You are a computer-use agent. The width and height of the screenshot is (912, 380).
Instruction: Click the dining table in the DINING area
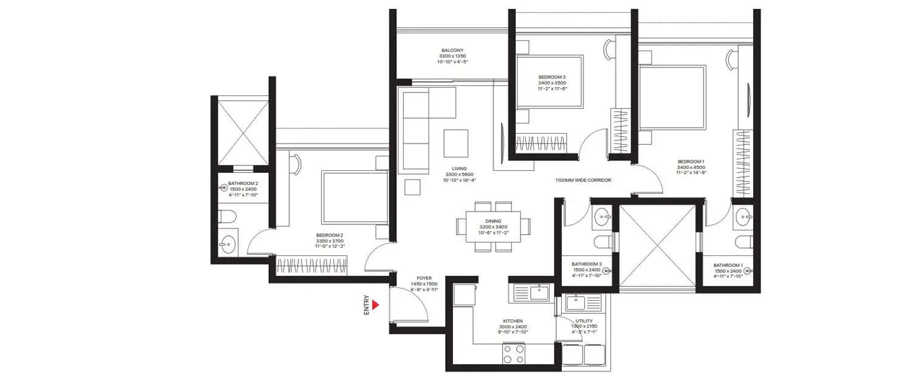(x=493, y=226)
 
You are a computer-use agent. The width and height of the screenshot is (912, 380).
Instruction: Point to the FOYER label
(x=423, y=278)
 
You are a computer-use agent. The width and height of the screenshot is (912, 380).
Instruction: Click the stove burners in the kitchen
(x=513, y=354)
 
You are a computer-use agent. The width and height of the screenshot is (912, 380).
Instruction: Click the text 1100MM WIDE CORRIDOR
(x=582, y=181)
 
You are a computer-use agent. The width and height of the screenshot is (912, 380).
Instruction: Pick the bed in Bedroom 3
(x=550, y=81)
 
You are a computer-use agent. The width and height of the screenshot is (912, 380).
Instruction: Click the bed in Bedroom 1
(x=672, y=98)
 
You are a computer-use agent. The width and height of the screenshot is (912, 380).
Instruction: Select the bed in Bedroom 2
(x=354, y=198)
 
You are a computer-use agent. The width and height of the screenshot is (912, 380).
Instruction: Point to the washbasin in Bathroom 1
(x=742, y=215)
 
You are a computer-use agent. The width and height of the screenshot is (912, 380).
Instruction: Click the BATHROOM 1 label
(x=728, y=265)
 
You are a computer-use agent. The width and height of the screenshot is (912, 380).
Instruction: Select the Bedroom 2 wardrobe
(x=311, y=265)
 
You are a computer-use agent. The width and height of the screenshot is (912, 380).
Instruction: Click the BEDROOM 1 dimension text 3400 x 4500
(x=692, y=167)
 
